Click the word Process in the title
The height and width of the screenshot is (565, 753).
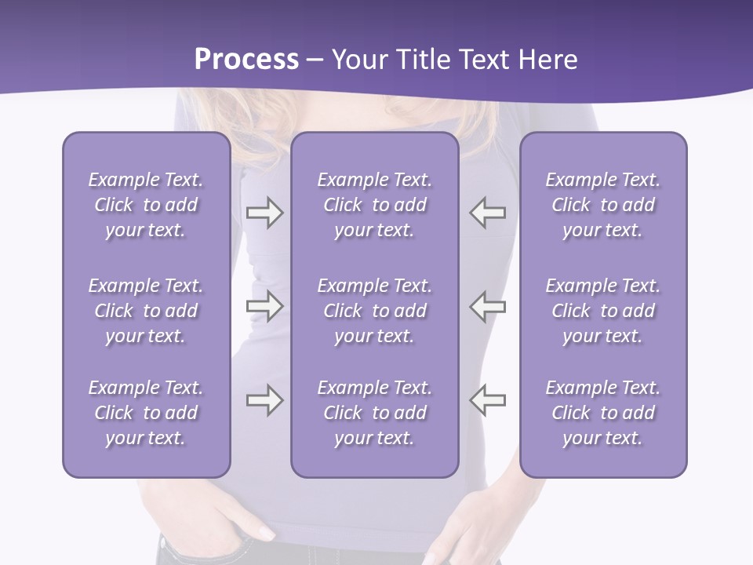[246, 60]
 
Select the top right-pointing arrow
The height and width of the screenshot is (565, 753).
[264, 213]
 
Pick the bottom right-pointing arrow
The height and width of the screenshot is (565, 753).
[264, 400]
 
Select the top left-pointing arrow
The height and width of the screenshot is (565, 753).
[488, 213]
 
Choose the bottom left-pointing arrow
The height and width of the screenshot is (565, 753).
[488, 400]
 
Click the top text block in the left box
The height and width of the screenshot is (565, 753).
[146, 205]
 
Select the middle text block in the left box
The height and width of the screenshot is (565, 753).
[146, 311]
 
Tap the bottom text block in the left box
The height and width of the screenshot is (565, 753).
[146, 413]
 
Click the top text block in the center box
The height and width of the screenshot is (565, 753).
[374, 205]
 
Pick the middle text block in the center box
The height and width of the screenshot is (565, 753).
[374, 311]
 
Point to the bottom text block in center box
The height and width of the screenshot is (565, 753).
[374, 413]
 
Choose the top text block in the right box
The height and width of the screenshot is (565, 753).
[602, 205]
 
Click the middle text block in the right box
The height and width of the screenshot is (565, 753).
[602, 311]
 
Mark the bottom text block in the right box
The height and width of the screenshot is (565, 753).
[602, 413]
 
